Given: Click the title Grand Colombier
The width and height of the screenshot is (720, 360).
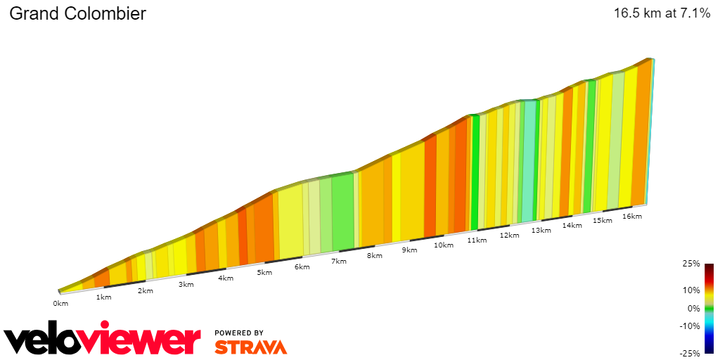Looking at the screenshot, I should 77,13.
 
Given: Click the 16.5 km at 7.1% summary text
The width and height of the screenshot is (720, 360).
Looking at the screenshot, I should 662,13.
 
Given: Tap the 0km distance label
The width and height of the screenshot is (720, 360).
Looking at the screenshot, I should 60,304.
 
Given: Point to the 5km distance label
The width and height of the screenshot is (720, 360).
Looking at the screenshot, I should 264,273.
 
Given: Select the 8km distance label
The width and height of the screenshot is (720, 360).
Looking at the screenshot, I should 374,256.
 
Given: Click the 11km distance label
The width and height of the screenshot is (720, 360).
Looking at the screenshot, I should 476,240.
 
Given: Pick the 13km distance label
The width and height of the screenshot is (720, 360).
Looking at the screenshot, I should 541,231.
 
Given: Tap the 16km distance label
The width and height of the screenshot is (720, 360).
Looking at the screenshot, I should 632,217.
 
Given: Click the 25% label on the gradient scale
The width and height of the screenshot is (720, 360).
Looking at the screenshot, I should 691,264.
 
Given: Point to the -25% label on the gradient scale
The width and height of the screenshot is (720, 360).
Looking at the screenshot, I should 690,353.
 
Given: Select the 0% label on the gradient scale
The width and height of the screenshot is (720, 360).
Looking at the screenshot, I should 693,308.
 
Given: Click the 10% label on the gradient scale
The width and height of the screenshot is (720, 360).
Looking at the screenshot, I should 691,290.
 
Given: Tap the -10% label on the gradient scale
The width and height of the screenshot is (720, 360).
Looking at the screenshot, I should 690,326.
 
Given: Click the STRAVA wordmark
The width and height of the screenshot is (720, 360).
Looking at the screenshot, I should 250,347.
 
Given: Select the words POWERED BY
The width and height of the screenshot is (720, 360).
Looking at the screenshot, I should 239,333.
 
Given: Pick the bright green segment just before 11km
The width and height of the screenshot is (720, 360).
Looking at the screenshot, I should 475,172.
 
